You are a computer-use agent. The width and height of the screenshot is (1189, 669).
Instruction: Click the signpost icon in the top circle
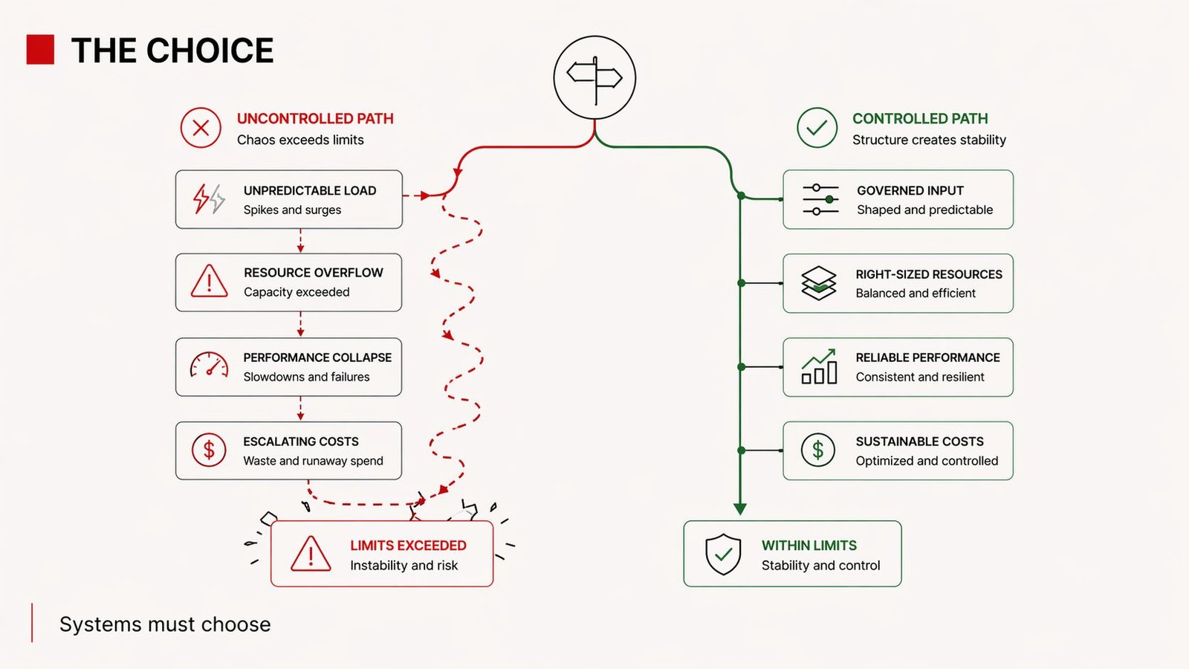coord(594,77)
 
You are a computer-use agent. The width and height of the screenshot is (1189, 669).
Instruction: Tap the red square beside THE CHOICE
coord(40,50)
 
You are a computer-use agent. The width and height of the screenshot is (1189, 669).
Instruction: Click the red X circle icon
coord(201,128)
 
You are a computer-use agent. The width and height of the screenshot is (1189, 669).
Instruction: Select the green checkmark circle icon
coord(817,128)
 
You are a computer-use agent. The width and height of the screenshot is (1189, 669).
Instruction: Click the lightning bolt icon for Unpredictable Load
coord(209,199)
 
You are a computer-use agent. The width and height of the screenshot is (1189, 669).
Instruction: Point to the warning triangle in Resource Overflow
coord(210,282)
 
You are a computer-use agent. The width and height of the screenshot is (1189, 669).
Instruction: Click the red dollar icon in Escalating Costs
coord(209,450)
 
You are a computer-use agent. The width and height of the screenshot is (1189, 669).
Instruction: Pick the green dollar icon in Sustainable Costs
coord(817,450)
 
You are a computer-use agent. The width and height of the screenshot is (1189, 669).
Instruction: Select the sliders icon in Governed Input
coord(820,199)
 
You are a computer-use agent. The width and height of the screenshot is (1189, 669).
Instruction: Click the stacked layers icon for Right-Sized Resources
coord(819,283)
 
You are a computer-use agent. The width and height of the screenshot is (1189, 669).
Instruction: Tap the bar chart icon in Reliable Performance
coord(819,366)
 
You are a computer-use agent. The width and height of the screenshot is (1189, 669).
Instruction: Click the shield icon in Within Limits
coord(723,554)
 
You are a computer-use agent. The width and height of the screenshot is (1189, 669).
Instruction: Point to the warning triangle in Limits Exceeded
coord(311,555)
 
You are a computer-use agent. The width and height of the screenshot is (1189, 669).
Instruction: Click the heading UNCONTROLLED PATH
coord(315,119)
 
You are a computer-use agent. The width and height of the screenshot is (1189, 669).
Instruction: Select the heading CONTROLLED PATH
coord(920,119)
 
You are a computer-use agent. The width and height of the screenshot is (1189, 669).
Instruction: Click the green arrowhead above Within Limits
coord(740,508)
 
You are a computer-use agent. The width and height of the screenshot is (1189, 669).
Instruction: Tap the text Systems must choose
coord(165,624)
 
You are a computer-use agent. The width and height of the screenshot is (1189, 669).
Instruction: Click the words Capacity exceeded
coord(297,292)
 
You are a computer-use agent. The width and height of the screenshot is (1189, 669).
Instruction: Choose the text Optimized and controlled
coord(927,461)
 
